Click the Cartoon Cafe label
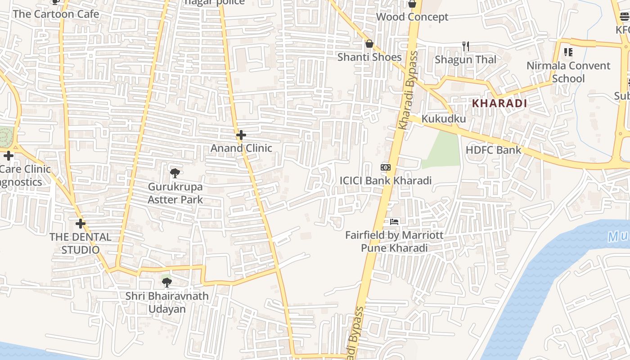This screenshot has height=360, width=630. (56, 14)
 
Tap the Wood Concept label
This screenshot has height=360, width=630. (412, 17)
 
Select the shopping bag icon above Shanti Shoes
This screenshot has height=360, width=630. (369, 44)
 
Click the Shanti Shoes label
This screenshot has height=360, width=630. (369, 57)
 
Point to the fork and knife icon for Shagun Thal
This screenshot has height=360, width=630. (466, 46)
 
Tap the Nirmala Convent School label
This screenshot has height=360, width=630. (568, 72)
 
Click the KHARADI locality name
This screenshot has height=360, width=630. (499, 103)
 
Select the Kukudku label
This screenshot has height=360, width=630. (443, 119)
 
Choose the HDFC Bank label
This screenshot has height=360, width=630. (493, 150)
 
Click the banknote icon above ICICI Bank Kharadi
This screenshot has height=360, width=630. (385, 167)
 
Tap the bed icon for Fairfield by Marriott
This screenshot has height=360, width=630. (394, 222)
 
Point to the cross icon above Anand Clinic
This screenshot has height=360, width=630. (241, 135)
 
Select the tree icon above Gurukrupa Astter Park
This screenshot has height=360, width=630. (175, 173)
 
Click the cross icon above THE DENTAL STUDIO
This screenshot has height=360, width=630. (81, 224)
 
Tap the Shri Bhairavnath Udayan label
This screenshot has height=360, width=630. (167, 302)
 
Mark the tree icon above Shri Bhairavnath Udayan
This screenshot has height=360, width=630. (167, 283)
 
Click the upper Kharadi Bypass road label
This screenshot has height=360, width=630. (408, 90)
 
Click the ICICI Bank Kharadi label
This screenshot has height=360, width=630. (385, 181)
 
